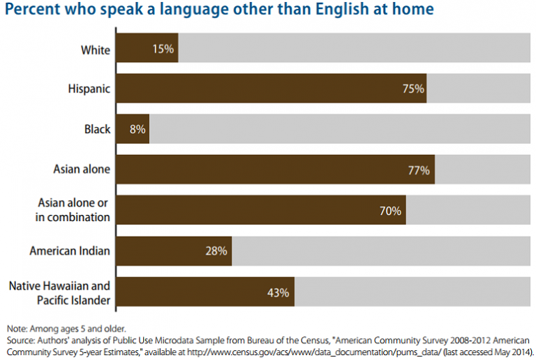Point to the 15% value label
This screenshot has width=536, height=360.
click(x=163, y=49)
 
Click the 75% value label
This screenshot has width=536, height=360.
click(x=412, y=89)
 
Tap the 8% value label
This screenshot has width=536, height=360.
click(x=136, y=129)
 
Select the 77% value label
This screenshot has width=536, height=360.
click(x=419, y=170)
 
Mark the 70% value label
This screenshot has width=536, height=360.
click(x=391, y=211)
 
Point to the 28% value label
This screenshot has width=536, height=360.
click(x=216, y=251)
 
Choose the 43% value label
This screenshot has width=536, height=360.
click(x=278, y=292)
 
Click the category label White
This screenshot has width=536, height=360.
click(x=95, y=49)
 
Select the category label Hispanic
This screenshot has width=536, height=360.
click(x=89, y=89)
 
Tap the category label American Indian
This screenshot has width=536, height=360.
click(x=69, y=251)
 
